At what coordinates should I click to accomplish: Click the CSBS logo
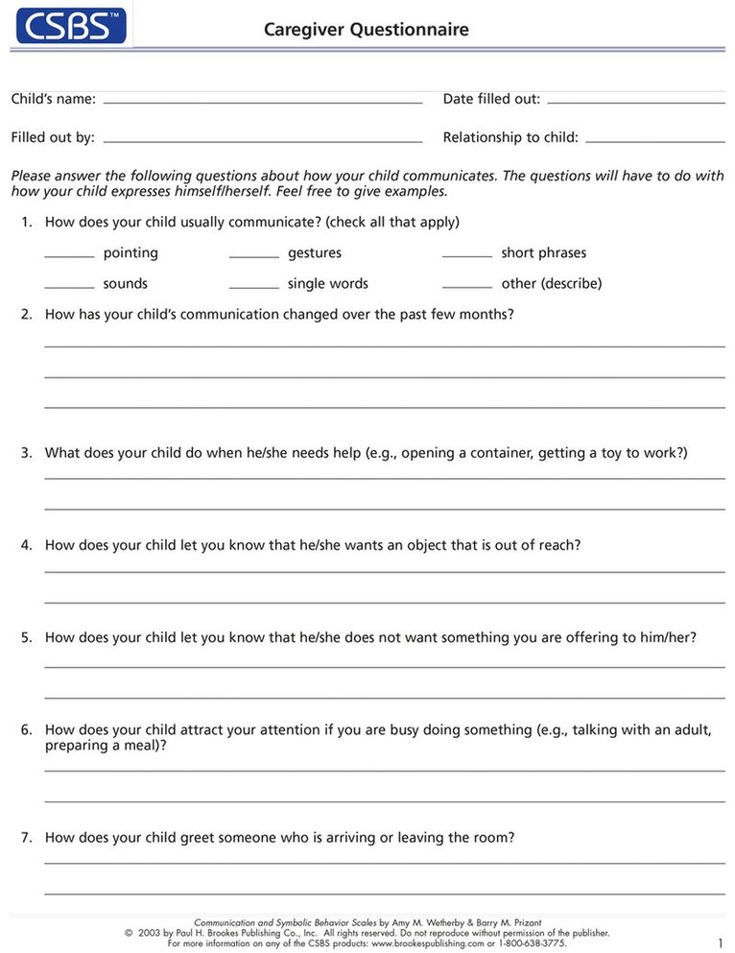[70, 24]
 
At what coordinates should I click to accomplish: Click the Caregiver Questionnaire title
[367, 30]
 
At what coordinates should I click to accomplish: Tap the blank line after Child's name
[262, 101]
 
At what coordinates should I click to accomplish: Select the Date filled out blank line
[635, 101]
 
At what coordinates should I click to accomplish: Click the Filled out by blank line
[262, 140]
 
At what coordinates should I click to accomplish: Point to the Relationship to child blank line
[654, 140]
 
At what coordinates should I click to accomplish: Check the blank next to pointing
[69, 256]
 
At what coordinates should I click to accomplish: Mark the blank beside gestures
[254, 256]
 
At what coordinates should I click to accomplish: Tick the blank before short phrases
[467, 256]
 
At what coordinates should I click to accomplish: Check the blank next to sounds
[69, 287]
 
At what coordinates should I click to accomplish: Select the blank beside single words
[254, 287]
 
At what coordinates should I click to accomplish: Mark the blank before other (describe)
[467, 287]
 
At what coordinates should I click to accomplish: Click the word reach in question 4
[557, 545]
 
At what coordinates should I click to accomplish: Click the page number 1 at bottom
[720, 942]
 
